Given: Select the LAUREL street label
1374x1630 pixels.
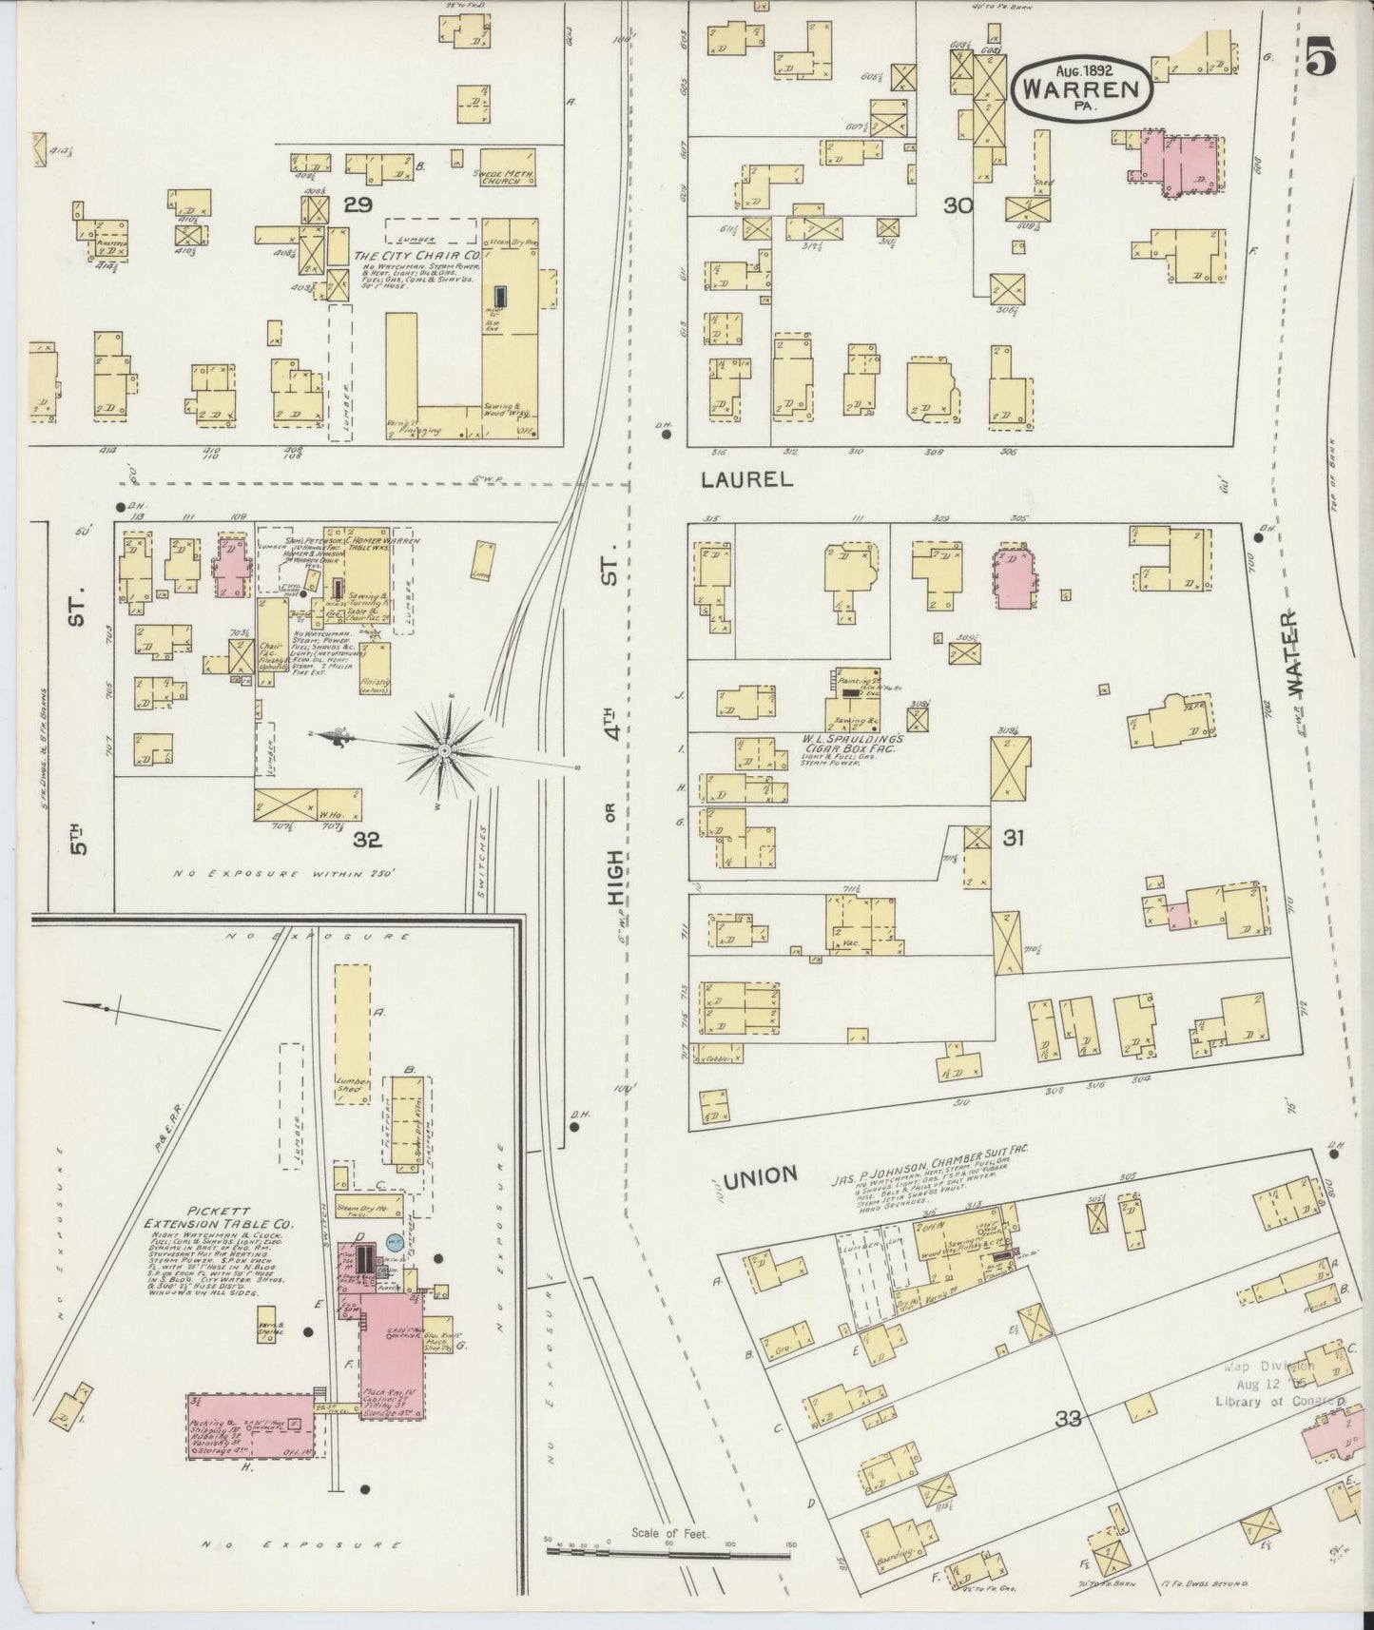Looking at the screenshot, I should pyautogui.click(x=746, y=480).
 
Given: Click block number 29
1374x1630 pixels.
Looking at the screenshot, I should pyautogui.click(x=358, y=204).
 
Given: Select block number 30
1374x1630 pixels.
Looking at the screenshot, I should pyautogui.click(x=958, y=204).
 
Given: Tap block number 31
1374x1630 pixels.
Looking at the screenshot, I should pyautogui.click(x=1013, y=838).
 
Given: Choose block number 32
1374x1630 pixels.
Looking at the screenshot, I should pyautogui.click(x=367, y=839).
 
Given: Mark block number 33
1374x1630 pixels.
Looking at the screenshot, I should pyautogui.click(x=1069, y=1420).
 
